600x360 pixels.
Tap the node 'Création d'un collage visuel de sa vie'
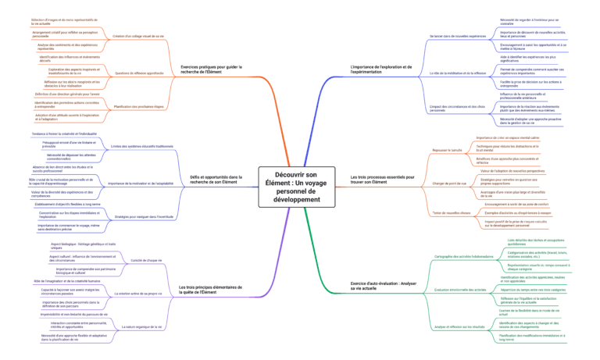[138, 36]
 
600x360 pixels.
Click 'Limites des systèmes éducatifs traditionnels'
[142, 146]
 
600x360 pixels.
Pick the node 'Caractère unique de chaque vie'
[146, 259]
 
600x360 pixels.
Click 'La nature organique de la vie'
[143, 327]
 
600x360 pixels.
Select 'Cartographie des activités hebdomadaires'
[462, 256]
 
